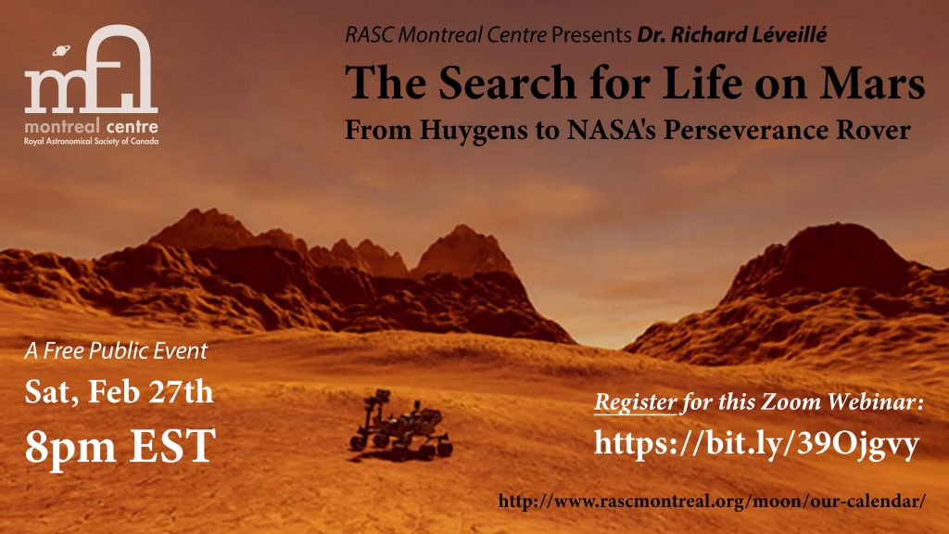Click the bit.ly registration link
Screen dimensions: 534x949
pos(755,445)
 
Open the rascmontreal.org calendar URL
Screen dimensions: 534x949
pos(712,502)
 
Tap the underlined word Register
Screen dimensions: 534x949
pos(634,403)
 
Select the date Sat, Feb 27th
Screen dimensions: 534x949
pos(120,392)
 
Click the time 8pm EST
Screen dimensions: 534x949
pos(120,446)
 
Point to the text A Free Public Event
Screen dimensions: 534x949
pos(116,351)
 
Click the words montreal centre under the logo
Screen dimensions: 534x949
pos(92,126)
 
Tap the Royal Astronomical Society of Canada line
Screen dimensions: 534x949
pos(92,142)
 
